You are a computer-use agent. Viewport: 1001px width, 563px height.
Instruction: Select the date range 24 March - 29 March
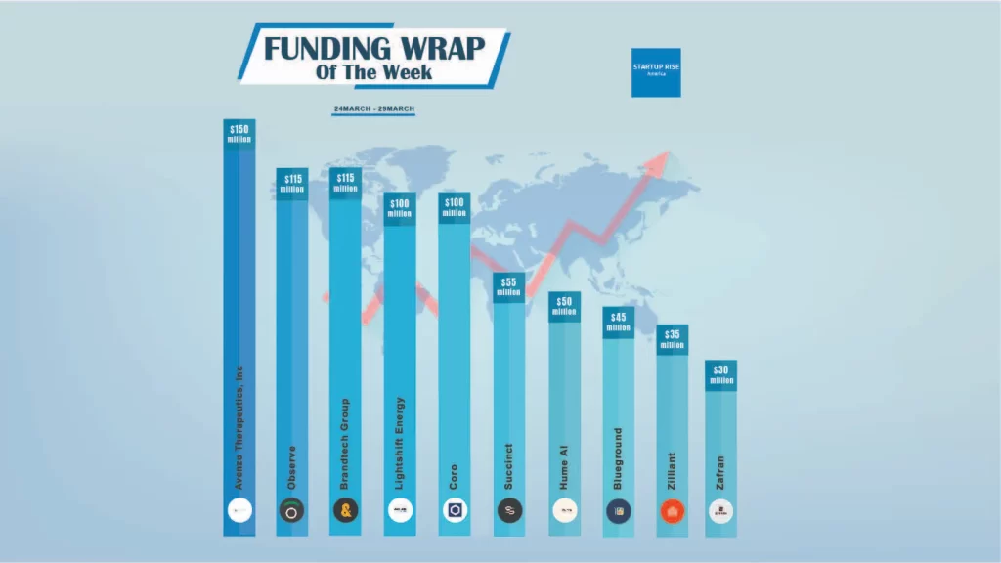pyautogui.click(x=374, y=108)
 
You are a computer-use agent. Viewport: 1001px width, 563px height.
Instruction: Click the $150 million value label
pyautogui.click(x=239, y=134)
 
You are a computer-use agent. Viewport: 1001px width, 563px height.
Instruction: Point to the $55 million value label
pyautogui.click(x=508, y=286)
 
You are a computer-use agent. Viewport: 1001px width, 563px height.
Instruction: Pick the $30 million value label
pyautogui.click(x=720, y=375)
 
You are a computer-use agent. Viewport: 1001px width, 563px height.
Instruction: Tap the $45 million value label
pyautogui.click(x=618, y=323)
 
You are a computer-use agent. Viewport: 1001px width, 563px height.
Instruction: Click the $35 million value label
pyautogui.click(x=673, y=340)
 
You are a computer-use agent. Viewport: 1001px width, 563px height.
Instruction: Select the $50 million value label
pyautogui.click(x=564, y=307)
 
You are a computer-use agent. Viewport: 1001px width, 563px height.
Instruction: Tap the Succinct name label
pyautogui.click(x=508, y=466)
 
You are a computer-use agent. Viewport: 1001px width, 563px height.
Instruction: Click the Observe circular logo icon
pyautogui.click(x=291, y=510)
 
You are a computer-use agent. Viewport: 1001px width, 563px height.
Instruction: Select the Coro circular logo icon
pyautogui.click(x=455, y=510)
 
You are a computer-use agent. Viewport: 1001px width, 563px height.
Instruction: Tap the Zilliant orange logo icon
pyautogui.click(x=672, y=510)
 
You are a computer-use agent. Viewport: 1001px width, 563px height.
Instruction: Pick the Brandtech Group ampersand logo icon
pyautogui.click(x=345, y=510)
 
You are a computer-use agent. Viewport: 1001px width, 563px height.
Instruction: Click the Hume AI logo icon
pyautogui.click(x=564, y=510)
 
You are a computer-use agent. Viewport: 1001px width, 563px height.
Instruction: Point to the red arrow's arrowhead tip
pyautogui.click(x=670, y=154)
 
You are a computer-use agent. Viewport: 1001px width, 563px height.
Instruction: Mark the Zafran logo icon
pyautogui.click(x=720, y=510)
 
